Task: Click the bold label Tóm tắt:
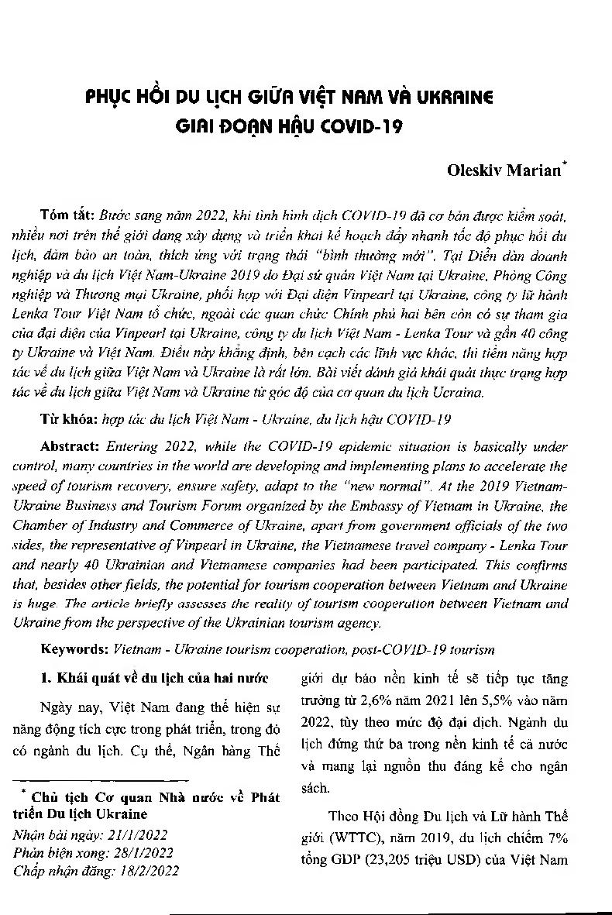coord(66,212)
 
